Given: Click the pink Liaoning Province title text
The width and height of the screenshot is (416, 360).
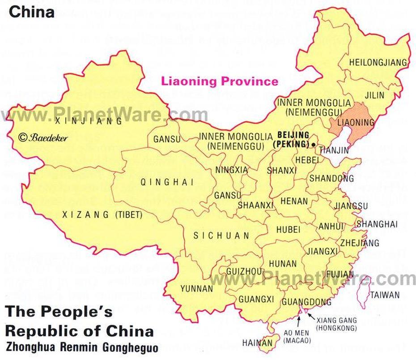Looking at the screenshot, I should coord(220,81).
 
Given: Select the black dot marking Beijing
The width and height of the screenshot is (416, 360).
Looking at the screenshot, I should coord(314,144).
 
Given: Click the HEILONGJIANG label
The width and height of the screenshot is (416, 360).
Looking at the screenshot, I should coord(378,62).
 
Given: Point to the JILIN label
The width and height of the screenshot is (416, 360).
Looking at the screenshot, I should coord(374,95).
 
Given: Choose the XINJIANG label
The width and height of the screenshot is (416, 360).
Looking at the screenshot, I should coord(88,121).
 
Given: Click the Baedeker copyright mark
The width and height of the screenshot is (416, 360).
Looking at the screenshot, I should coord(43,138).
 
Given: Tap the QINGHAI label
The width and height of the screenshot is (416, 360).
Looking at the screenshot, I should coord(167,182).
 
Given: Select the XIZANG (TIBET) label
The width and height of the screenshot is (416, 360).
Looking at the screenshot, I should coord(101,215).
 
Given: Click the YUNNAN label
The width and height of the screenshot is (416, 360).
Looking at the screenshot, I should coord(196,289).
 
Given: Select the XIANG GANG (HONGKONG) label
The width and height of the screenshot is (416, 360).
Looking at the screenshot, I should coord(336,324).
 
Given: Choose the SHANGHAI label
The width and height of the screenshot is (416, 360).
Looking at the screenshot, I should coord(377,224).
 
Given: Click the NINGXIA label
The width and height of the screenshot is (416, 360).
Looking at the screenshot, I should coord(231,170).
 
